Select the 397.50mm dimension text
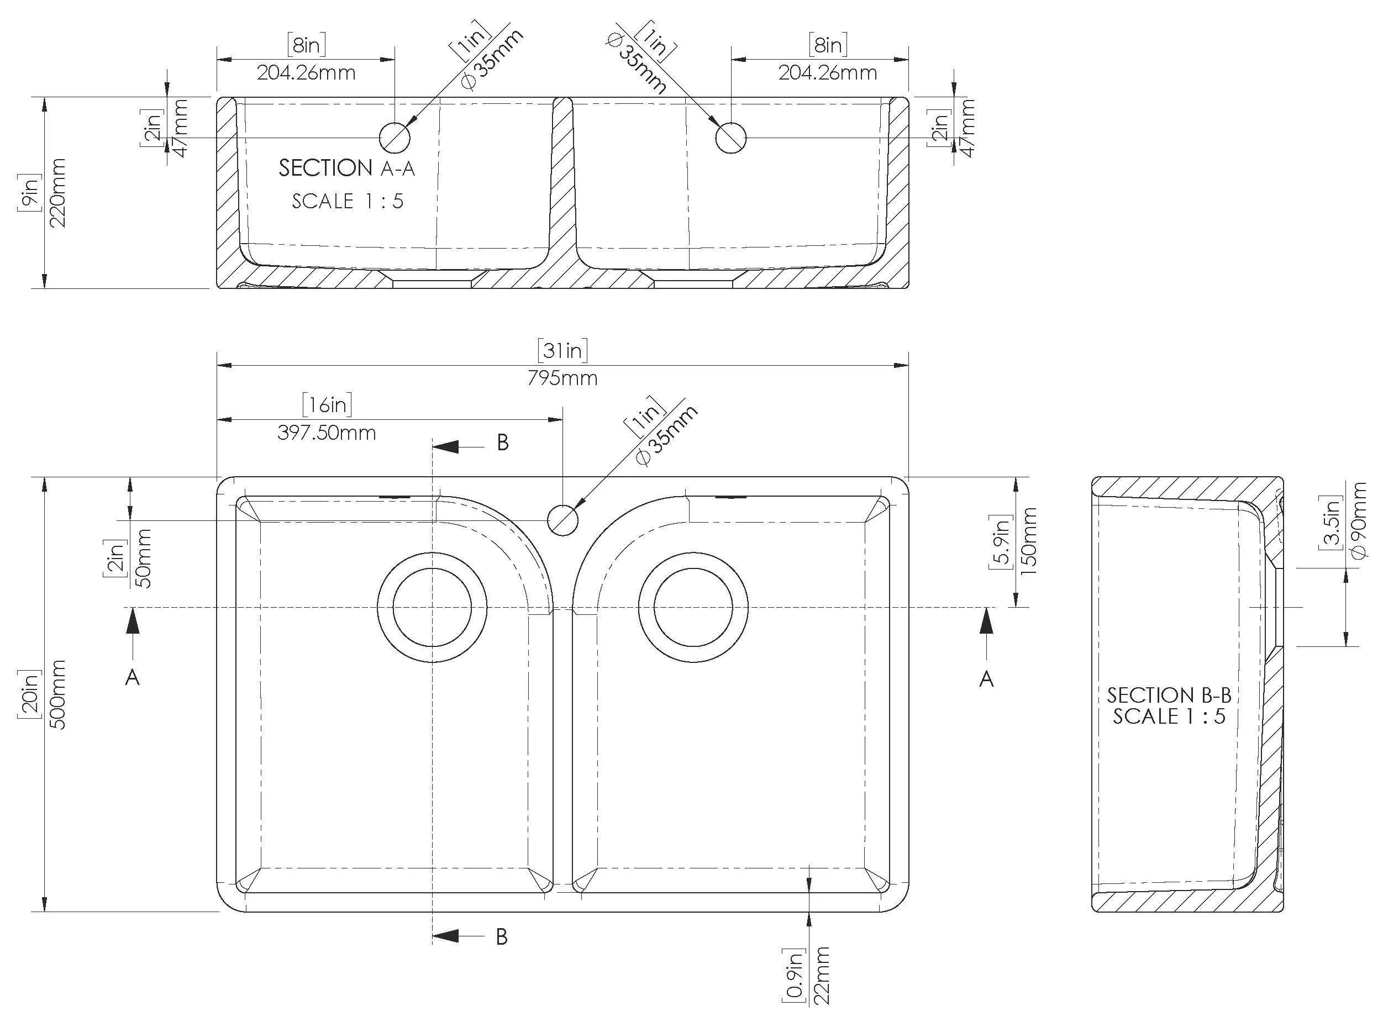[x=327, y=433]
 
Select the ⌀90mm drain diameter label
[x=1359, y=520]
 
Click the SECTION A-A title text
[x=346, y=168]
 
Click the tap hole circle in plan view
[x=562, y=520]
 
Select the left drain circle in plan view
[x=432, y=607]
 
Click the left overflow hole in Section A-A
[x=395, y=138]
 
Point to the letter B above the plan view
[x=502, y=443]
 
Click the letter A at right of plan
[x=986, y=680]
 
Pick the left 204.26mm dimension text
[x=306, y=73]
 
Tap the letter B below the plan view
[x=502, y=936]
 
